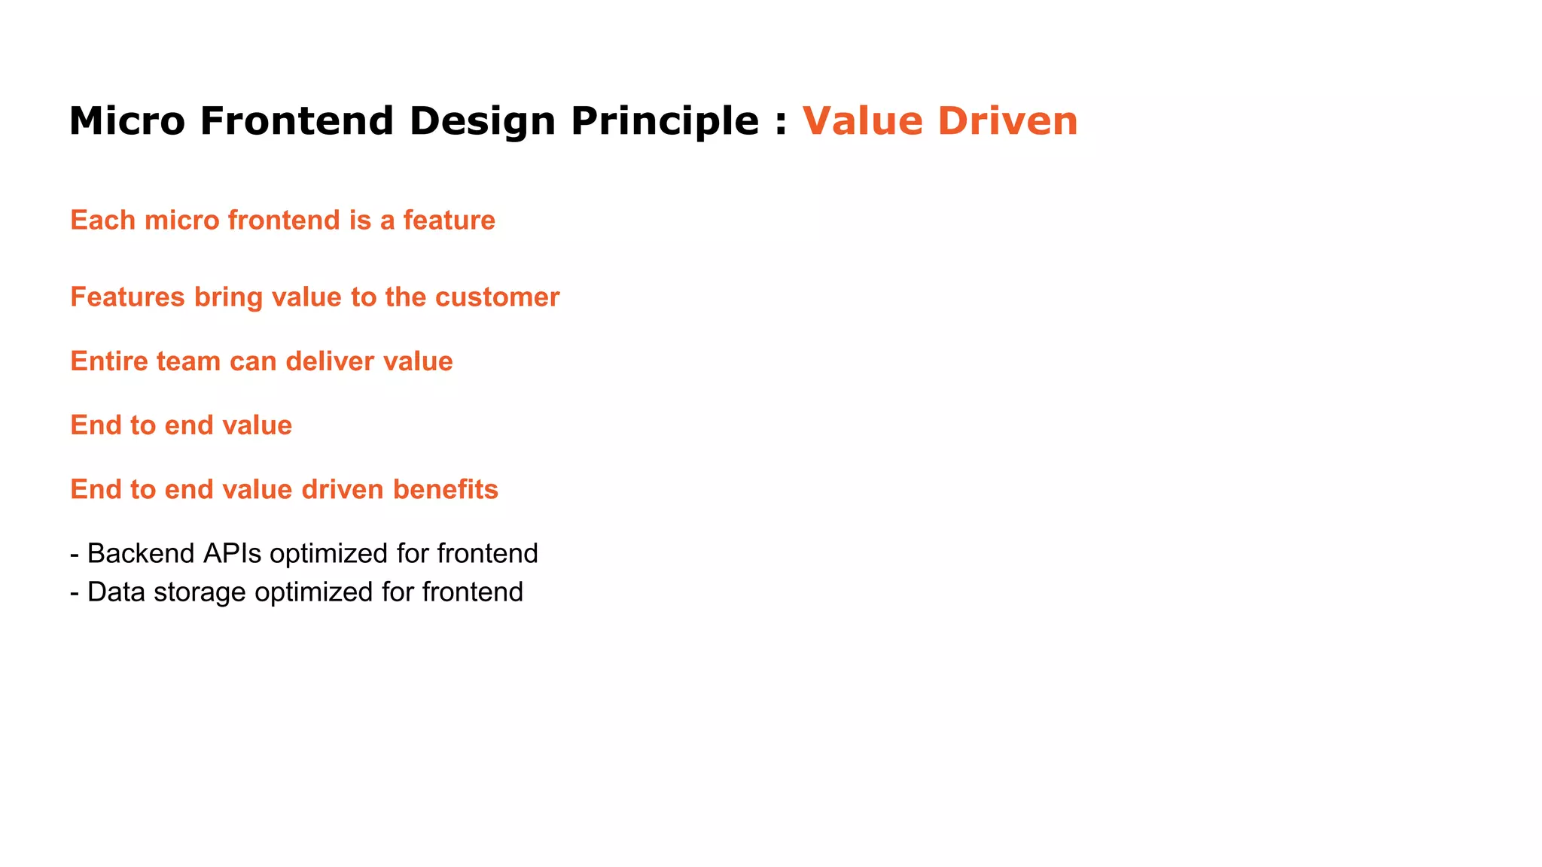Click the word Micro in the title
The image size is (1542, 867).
126,121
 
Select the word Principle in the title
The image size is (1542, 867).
665,121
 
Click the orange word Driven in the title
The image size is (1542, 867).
1007,121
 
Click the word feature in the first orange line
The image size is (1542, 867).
449,221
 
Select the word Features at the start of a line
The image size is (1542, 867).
127,297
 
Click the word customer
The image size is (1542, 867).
497,297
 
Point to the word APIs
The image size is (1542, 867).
232,554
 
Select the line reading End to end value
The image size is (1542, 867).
181,425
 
